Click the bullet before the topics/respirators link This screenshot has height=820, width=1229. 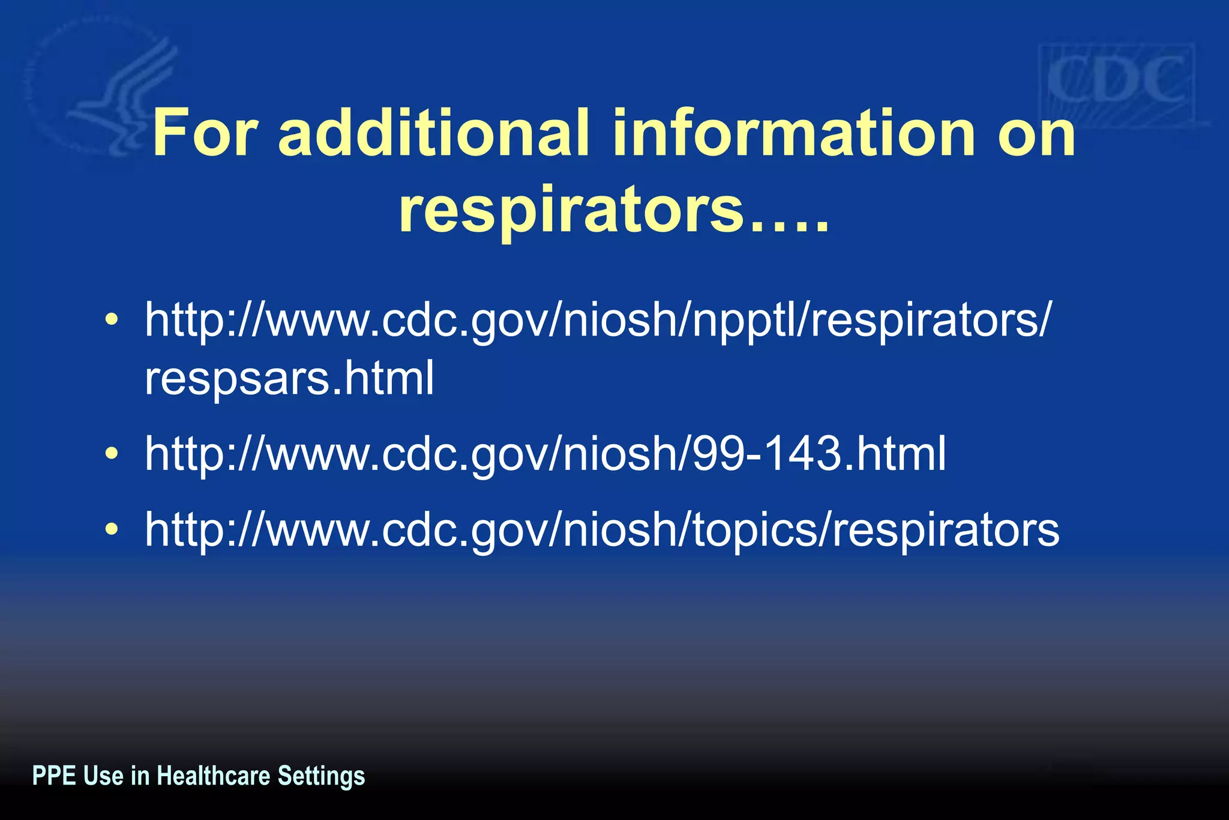[111, 529]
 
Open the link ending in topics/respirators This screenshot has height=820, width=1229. [602, 529]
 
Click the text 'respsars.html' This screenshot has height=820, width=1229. [289, 378]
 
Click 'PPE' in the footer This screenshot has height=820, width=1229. [54, 776]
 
